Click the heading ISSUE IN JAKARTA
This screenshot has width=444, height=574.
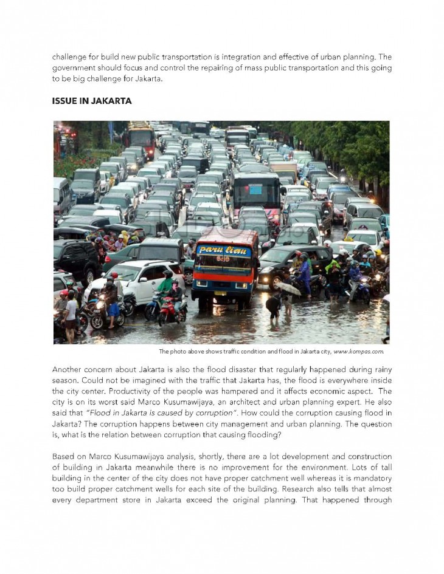click(92, 101)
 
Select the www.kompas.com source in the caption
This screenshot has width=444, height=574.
click(358, 352)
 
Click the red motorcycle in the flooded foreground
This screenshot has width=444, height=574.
click(173, 310)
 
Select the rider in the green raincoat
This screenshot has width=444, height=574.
click(165, 285)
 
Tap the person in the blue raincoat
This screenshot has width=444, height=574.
click(305, 273)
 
